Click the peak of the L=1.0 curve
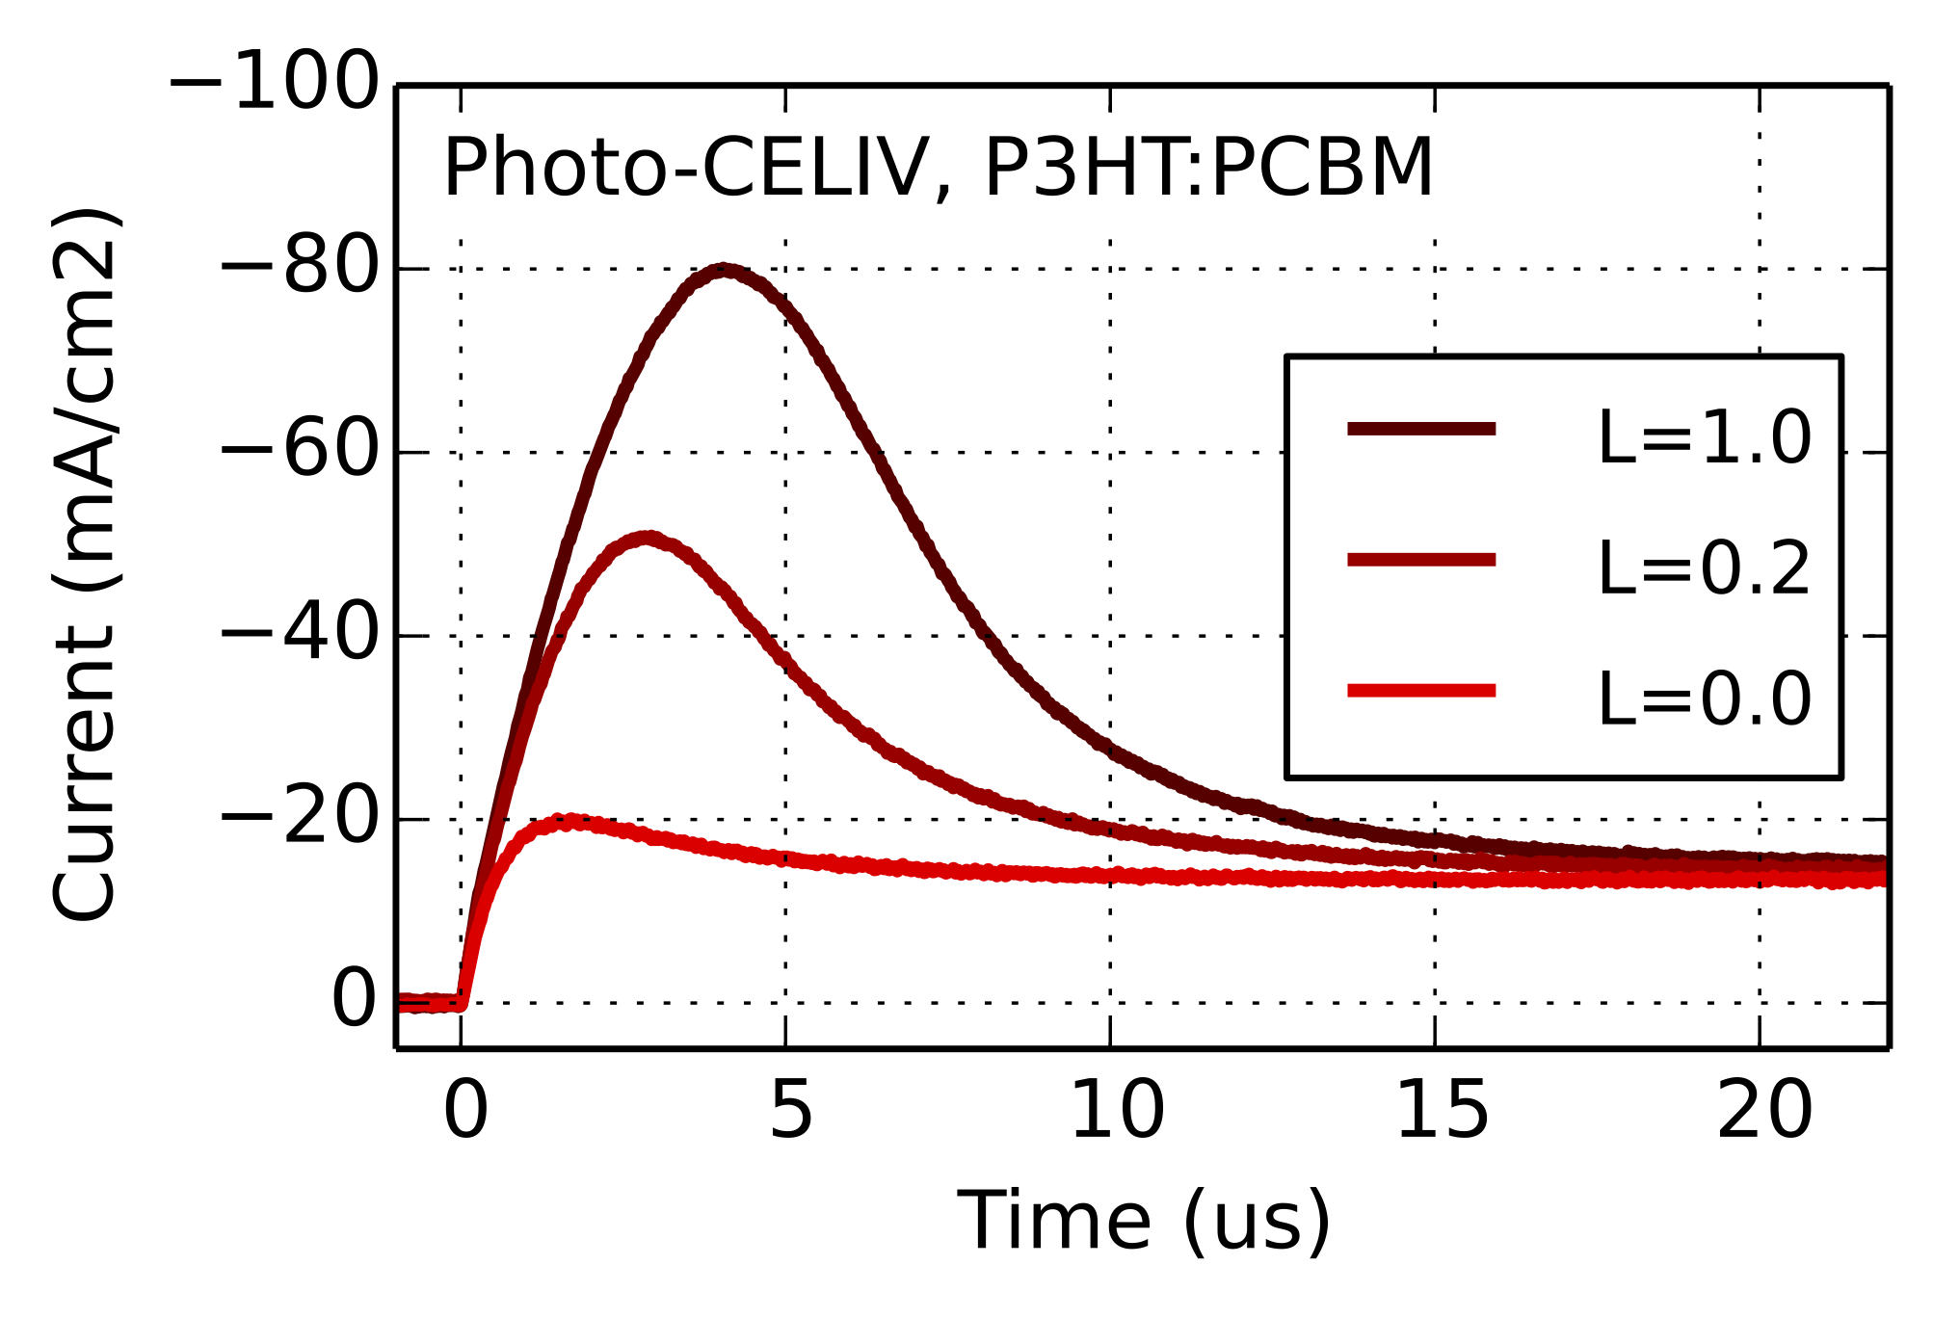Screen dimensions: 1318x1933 click(724, 271)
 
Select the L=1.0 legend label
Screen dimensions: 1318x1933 click(1704, 438)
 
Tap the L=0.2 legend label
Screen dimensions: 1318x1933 click(1704, 568)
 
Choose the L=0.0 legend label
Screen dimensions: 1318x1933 click(1704, 699)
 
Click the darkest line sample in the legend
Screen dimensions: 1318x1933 click(1421, 429)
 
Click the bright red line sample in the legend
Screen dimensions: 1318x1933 click(1421, 690)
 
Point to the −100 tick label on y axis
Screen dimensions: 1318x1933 click(275, 84)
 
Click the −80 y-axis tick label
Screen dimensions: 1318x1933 click(300, 268)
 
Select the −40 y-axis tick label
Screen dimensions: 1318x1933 click(300, 635)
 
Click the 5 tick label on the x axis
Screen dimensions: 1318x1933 click(791, 1111)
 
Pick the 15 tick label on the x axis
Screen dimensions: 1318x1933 click(1442, 1111)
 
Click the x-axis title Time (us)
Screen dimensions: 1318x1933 click(1143, 1222)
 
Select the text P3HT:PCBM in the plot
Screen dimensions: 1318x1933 click(1207, 168)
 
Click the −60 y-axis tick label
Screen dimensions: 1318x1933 click(300, 451)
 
